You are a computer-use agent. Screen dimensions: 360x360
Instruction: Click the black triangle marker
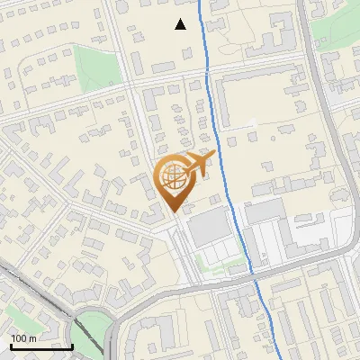pyautogui.click(x=181, y=24)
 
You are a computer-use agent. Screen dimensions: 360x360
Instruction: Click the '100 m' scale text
pyautogui.click(x=22, y=338)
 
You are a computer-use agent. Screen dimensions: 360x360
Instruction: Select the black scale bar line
pyautogui.click(x=41, y=346)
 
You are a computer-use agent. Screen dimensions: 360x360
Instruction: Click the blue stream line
pyautogui.click(x=216, y=99)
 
